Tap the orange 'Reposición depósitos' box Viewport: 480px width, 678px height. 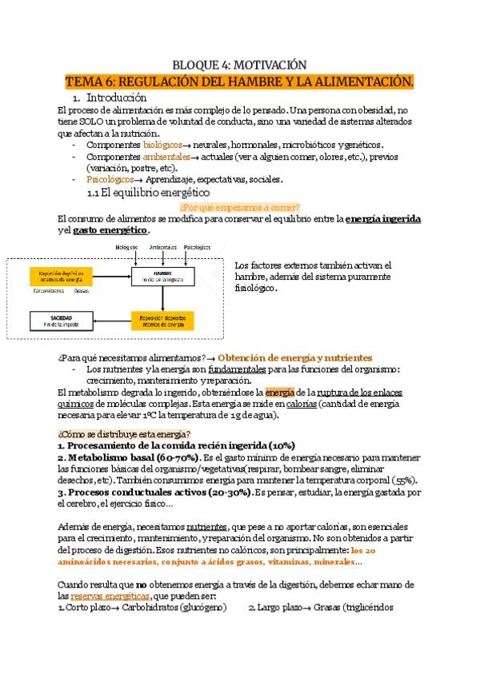pyautogui.click(x=163, y=321)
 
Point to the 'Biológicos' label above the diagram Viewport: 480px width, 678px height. pyautogui.click(x=127, y=247)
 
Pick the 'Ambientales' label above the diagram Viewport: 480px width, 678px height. pyautogui.click(x=163, y=247)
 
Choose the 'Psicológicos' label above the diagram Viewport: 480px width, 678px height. pyautogui.click(x=197, y=247)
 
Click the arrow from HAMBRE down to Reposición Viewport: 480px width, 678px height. pyautogui.click(x=163, y=298)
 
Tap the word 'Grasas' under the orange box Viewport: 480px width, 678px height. pyautogui.click(x=82, y=292)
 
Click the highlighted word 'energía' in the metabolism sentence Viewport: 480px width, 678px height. pyautogui.click(x=279, y=393)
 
